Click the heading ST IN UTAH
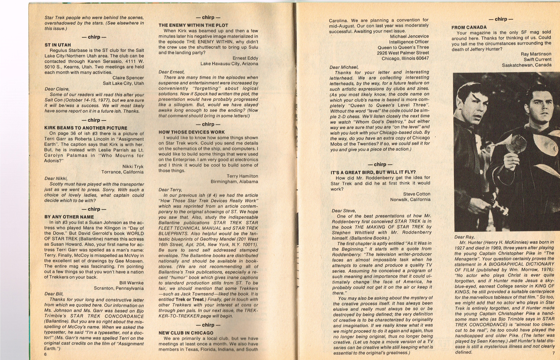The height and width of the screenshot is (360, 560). (57, 45)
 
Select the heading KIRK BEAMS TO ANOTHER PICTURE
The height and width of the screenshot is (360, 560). (86, 128)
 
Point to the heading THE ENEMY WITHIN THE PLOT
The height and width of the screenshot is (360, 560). (193, 25)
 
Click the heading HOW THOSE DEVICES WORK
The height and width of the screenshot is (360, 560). (191, 132)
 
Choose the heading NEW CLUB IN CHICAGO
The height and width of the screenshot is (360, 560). (186, 333)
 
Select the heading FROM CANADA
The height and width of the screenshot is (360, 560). (469, 27)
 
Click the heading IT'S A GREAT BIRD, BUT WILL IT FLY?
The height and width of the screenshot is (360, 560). (373, 172)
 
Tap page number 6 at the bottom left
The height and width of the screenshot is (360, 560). (45, 354)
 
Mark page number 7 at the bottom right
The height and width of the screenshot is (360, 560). (553, 353)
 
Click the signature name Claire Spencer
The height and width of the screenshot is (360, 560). (128, 78)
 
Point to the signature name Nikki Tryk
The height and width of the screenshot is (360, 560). (133, 166)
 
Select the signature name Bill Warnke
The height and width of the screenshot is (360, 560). (131, 283)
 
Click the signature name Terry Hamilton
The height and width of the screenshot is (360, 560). (242, 176)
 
